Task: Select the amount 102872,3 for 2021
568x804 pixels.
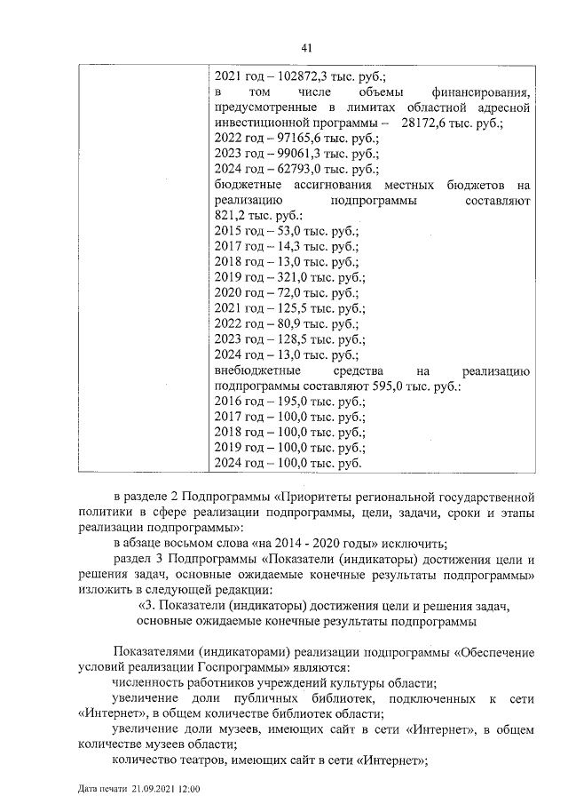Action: click(x=290, y=76)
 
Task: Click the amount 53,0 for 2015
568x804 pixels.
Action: click(x=277, y=231)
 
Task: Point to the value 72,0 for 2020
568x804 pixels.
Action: click(x=277, y=292)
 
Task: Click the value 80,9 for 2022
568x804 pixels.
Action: click(x=277, y=323)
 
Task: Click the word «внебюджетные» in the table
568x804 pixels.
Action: click(x=256, y=370)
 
